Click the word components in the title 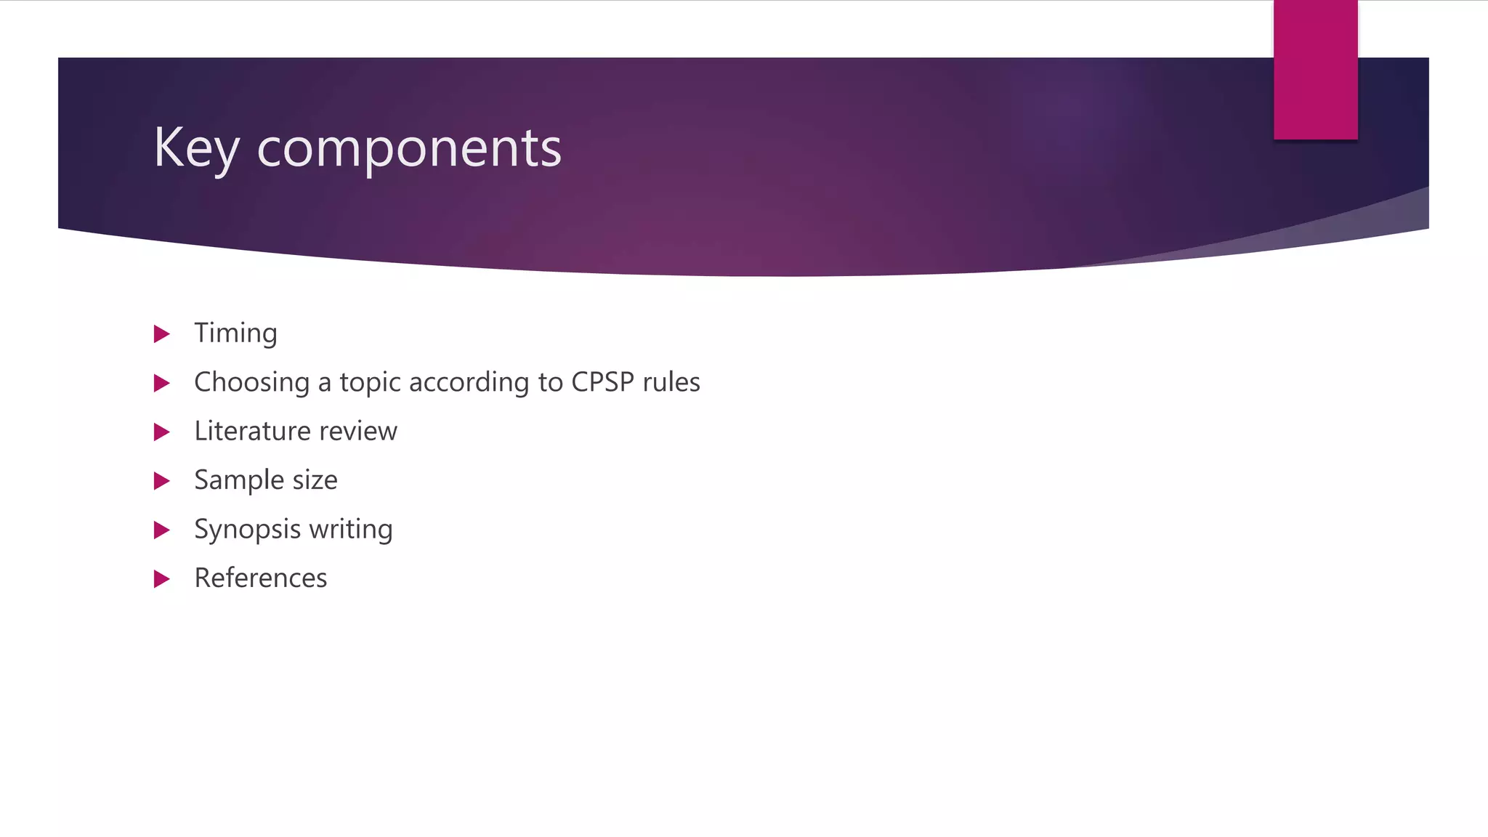click(x=409, y=149)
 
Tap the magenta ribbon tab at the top click(x=1315, y=69)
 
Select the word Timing click(x=235, y=333)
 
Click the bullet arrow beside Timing click(x=162, y=334)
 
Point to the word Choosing click(x=251, y=382)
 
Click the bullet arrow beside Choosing click(x=162, y=383)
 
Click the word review click(x=358, y=432)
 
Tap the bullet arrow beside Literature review click(x=162, y=432)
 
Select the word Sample click(x=239, y=480)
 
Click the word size click(x=315, y=480)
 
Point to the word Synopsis click(x=247, y=530)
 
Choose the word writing click(x=350, y=530)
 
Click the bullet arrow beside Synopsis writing click(x=162, y=530)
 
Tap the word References click(x=260, y=578)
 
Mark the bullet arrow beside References click(x=162, y=579)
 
